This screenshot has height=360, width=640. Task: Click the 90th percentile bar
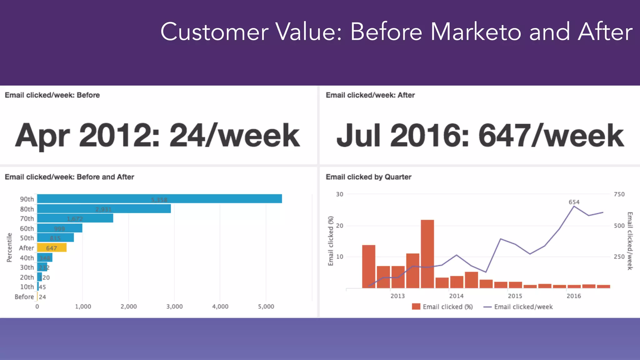159,199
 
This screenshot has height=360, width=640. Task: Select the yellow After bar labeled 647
52,248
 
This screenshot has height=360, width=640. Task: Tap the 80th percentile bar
104,209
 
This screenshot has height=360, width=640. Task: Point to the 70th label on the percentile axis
27,219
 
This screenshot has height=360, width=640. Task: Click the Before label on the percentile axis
24,297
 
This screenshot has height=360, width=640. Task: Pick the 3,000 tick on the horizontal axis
174,307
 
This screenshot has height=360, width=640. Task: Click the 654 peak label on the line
574,202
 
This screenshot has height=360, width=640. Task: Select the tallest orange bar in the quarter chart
427,254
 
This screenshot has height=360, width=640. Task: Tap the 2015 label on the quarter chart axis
515,296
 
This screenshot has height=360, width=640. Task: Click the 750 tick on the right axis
619,194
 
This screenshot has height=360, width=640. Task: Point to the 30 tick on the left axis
339,194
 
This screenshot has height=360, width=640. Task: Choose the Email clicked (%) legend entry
442,307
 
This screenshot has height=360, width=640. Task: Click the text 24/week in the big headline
234,136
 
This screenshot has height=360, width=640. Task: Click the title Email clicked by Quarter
368,177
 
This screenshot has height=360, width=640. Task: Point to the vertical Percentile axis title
9,247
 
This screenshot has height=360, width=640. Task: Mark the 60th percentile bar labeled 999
60,228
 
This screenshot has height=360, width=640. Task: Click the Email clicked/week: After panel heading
370,95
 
